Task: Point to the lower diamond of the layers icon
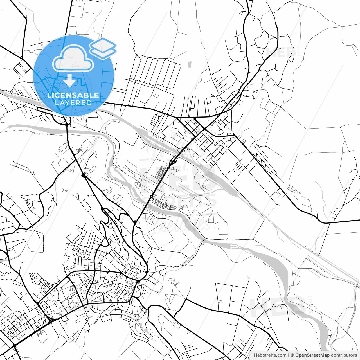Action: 103,52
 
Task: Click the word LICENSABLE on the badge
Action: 73,95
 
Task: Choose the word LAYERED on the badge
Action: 73,103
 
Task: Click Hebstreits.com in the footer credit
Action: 270,355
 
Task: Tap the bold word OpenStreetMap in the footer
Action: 312,355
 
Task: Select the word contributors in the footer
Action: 344,355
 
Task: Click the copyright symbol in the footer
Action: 292,355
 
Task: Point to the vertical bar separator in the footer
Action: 289,355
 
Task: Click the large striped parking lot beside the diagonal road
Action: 161,173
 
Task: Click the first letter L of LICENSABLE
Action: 49,95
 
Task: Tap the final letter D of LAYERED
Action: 89,103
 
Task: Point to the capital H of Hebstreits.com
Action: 255,355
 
